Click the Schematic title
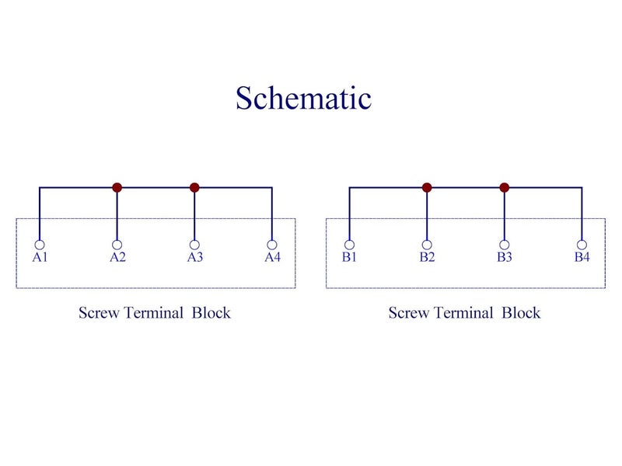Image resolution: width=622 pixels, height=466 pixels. tap(303, 98)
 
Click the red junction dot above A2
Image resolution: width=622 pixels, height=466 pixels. tap(117, 187)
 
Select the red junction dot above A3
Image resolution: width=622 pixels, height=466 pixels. tap(194, 187)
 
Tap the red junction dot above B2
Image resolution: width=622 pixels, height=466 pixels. tap(427, 187)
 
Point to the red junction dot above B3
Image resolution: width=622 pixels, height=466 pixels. tap(504, 187)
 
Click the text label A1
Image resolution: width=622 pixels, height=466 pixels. tap(40, 257)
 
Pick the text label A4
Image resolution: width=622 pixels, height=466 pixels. tap(273, 257)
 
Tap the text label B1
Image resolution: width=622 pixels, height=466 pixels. tap(349, 257)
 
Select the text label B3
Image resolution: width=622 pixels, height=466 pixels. tap(504, 257)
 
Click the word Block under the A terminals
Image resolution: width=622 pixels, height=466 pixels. tap(211, 313)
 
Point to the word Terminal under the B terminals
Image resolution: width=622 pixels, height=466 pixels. tap(463, 313)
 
